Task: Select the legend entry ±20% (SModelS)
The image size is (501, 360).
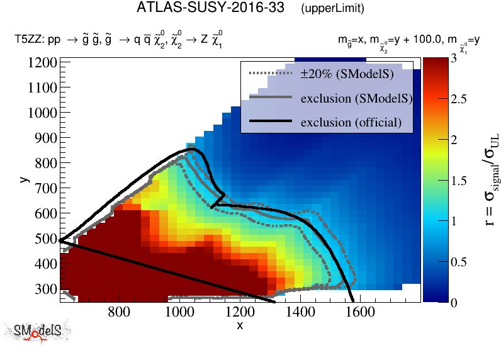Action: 346,75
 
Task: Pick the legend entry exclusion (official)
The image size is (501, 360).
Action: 351,121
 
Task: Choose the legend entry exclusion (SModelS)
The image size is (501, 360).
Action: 356,98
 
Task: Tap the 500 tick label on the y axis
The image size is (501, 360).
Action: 45,239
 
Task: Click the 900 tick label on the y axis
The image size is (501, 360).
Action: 45,138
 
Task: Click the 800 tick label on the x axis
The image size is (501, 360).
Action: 119,312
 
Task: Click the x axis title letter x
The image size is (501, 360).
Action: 239,325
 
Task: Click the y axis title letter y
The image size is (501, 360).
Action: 23,179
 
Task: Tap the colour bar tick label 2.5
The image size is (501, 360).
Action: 458,99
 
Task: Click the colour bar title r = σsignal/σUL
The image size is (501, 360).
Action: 485,179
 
